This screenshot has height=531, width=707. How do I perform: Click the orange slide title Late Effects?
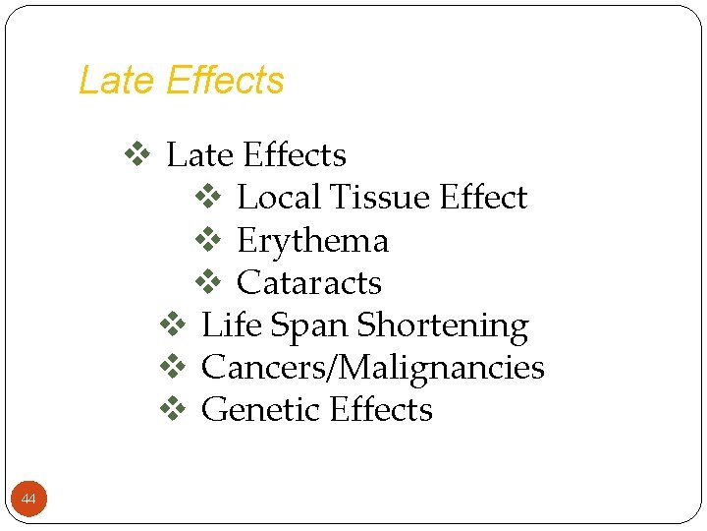pos(181,81)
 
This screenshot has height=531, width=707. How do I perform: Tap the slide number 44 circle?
pos(28,501)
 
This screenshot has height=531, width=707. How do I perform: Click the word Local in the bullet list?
pos(279,198)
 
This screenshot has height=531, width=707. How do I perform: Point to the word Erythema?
pos(312,241)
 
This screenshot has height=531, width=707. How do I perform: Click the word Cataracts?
pos(309,283)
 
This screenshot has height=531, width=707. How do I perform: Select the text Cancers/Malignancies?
pos(372,368)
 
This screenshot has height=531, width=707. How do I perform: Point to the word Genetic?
pos(262,410)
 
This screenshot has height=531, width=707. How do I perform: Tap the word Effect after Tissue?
pos(483,198)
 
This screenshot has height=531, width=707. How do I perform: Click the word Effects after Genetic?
pos(381,410)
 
